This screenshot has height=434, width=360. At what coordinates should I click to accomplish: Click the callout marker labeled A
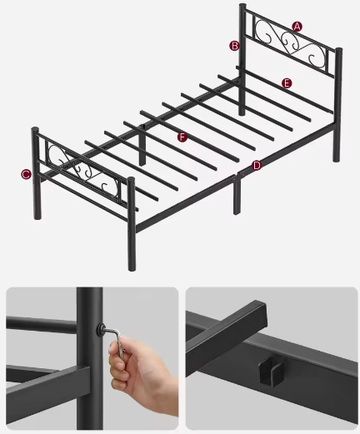pyautogui.click(x=297, y=26)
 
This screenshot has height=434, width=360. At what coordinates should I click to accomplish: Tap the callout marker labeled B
pyautogui.click(x=234, y=46)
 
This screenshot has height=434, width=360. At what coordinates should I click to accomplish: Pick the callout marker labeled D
pyautogui.click(x=257, y=165)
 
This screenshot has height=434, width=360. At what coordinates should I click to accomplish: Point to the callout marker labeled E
pyautogui.click(x=287, y=83)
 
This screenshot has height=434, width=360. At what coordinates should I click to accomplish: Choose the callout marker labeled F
pyautogui.click(x=182, y=135)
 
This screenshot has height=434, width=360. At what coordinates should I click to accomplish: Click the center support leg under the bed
pyautogui.click(x=237, y=200)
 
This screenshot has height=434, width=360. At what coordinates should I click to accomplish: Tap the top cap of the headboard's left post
pyautogui.click(x=243, y=7)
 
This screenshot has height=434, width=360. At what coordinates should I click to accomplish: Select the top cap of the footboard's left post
pyautogui.click(x=35, y=131)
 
